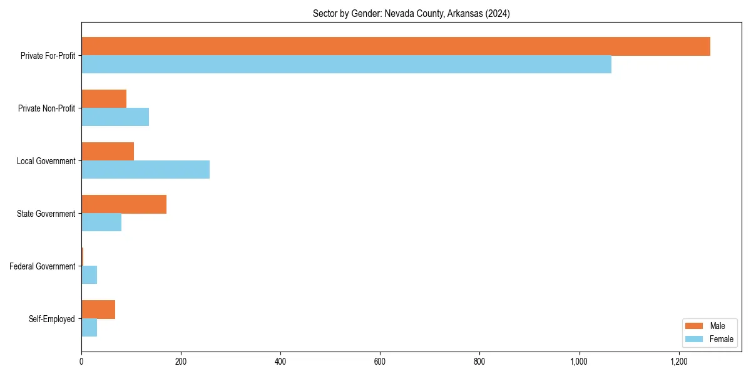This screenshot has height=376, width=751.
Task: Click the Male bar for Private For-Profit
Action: pyautogui.click(x=396, y=46)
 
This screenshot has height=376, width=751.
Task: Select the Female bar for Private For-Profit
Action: pyautogui.click(x=346, y=64)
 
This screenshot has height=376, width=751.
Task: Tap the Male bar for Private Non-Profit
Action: pyautogui.click(x=104, y=99)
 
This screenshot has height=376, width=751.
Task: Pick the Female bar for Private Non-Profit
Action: pyautogui.click(x=115, y=117)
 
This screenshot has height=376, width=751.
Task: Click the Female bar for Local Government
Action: pyautogui.click(x=145, y=169)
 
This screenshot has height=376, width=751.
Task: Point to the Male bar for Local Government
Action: pyautogui.click(x=108, y=152)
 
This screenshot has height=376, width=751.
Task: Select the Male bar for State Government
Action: pyautogui.click(x=124, y=204)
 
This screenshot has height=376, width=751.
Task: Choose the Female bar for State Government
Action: pyautogui.click(x=101, y=222)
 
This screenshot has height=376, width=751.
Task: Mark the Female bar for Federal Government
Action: pyautogui.click(x=89, y=274)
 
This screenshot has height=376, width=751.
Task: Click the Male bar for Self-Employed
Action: pyautogui.click(x=98, y=310)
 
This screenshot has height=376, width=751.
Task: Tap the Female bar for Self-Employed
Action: pyautogui.click(x=89, y=327)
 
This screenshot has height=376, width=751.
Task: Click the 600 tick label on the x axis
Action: pyautogui.click(x=380, y=362)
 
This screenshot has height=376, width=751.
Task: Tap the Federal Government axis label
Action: pyautogui.click(x=43, y=266)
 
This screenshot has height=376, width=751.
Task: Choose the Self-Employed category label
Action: pyautogui.click(x=52, y=319)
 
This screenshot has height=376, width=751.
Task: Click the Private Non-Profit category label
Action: pyautogui.click(x=47, y=108)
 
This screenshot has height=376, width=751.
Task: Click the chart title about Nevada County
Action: pyautogui.click(x=411, y=14)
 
